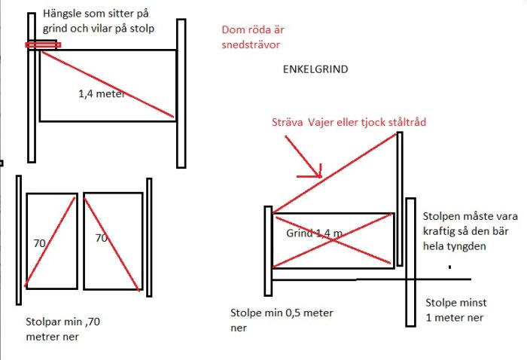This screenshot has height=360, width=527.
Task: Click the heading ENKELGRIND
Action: tap(315, 69)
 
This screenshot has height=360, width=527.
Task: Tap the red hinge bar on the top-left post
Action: tap(43, 44)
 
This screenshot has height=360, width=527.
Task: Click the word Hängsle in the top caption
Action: tap(62, 14)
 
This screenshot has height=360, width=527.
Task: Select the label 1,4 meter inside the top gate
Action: tap(102, 93)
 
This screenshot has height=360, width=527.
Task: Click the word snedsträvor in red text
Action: tap(251, 44)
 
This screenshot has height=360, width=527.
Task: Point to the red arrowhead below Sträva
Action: tap(318, 172)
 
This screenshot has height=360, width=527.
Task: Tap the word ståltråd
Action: tap(407, 122)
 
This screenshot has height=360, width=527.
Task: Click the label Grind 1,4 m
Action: tap(314, 233)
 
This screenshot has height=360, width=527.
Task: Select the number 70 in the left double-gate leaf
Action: tap(39, 243)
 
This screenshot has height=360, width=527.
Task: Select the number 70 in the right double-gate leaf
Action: tap(101, 238)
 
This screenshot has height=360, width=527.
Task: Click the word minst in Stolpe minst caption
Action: tap(473, 303)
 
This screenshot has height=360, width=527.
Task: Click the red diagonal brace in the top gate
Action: tap(108, 84)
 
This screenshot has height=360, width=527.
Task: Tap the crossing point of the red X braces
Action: tap(333, 240)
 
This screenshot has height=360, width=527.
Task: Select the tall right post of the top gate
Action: tap(181, 93)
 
